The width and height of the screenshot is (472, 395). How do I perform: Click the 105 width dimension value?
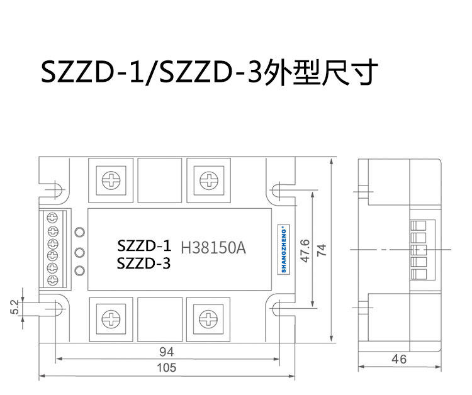pos(167,367)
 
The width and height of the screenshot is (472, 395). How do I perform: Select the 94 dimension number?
pos(167,352)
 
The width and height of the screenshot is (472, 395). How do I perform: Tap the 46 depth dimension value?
pos(399,359)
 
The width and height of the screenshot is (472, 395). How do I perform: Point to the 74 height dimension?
pos(322,250)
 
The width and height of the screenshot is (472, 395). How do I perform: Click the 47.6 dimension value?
pos(305,251)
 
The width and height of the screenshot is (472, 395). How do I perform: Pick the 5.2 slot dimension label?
pos(14,307)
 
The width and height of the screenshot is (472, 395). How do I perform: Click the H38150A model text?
pos(213,248)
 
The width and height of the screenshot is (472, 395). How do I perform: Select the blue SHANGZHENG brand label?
pos(284,250)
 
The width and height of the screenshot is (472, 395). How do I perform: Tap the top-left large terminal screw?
pos(111,181)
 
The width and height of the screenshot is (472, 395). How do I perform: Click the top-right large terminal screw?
pos(208,181)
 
